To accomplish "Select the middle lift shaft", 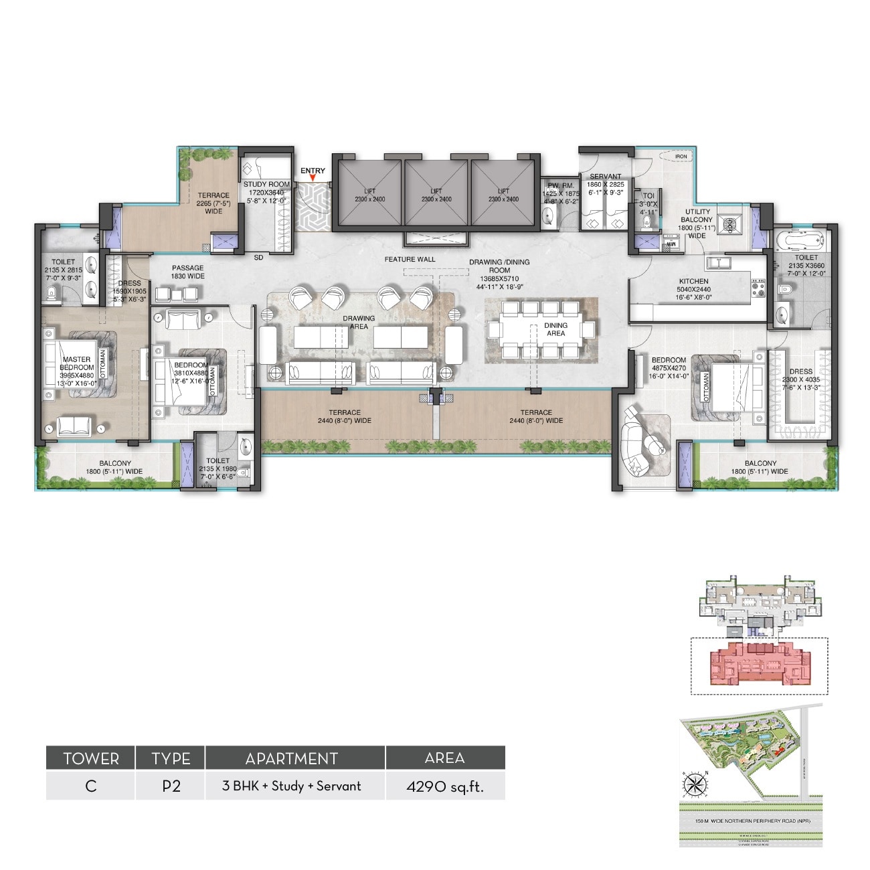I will [x=436, y=195].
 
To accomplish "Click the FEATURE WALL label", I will [x=410, y=259].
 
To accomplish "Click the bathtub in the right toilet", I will [x=802, y=240].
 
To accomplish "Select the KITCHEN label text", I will [x=693, y=282].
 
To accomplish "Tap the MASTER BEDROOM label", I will [x=76, y=363].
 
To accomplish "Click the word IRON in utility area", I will [x=681, y=157].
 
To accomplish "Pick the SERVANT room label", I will [x=605, y=177].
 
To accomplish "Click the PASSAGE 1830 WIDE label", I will [x=187, y=272].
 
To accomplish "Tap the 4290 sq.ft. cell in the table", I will [x=444, y=786].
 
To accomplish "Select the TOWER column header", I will [x=90, y=758].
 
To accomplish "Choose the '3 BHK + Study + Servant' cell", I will [x=292, y=786].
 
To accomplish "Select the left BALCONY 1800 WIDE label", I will [x=114, y=467].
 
